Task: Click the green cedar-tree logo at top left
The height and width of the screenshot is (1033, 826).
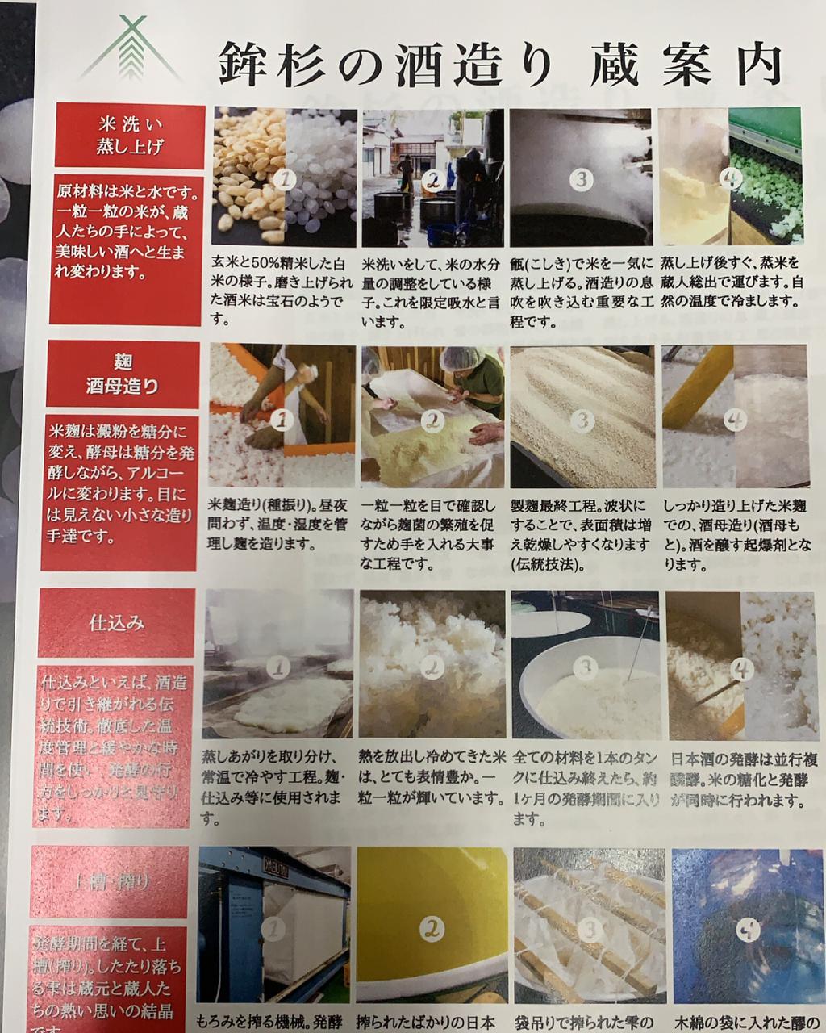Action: [131, 50]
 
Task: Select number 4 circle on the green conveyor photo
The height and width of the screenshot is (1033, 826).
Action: [731, 178]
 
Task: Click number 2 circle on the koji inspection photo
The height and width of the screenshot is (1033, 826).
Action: [434, 420]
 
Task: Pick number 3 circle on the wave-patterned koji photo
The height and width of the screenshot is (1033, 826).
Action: [582, 420]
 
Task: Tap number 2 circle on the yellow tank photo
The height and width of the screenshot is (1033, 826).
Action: [434, 928]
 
